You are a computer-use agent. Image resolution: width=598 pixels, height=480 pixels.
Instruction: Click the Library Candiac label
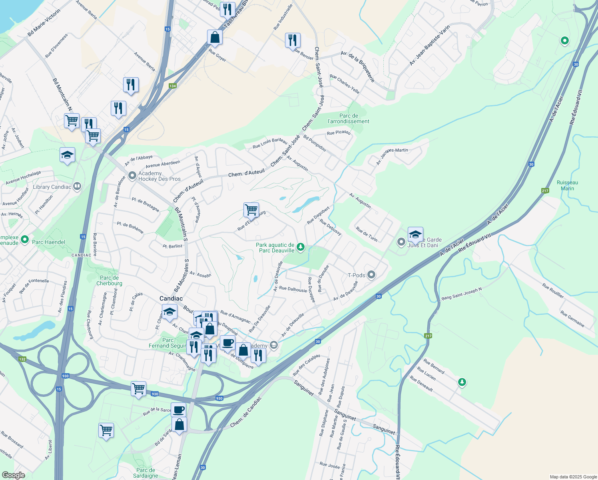(52, 187)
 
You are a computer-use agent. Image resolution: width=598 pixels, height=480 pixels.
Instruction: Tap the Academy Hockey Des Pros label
(159, 176)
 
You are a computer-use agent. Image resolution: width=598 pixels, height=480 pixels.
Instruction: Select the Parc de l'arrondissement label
(348, 118)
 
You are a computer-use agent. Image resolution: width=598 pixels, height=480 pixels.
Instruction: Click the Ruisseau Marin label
(567, 185)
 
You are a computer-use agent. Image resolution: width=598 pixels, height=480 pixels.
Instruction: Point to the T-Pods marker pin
(371, 274)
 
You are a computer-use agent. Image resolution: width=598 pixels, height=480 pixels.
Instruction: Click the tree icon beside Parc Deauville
(301, 247)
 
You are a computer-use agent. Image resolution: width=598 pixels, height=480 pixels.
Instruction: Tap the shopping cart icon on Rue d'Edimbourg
(251, 209)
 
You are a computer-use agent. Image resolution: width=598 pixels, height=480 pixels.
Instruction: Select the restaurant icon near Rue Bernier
(293, 40)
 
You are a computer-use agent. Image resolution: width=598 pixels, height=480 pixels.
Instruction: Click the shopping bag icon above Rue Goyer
(215, 37)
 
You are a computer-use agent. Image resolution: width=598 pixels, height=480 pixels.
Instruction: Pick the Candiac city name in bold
(171, 298)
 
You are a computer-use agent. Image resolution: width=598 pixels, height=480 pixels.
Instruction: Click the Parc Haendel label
(48, 242)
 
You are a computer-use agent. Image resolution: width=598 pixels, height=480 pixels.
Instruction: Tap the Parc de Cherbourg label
(109, 280)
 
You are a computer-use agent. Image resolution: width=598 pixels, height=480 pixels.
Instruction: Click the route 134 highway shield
(172, 86)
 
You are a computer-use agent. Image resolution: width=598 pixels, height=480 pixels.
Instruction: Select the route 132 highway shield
(22, 359)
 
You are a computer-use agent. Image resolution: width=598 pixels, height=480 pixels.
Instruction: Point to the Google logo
(13, 475)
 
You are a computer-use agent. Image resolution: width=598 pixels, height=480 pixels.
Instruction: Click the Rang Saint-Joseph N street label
(461, 294)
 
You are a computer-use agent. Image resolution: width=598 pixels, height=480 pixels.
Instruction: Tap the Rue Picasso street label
(339, 132)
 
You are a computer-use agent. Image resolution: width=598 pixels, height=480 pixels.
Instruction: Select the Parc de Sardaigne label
(146, 473)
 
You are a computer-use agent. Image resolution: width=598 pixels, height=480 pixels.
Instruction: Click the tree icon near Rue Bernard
(462, 382)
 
